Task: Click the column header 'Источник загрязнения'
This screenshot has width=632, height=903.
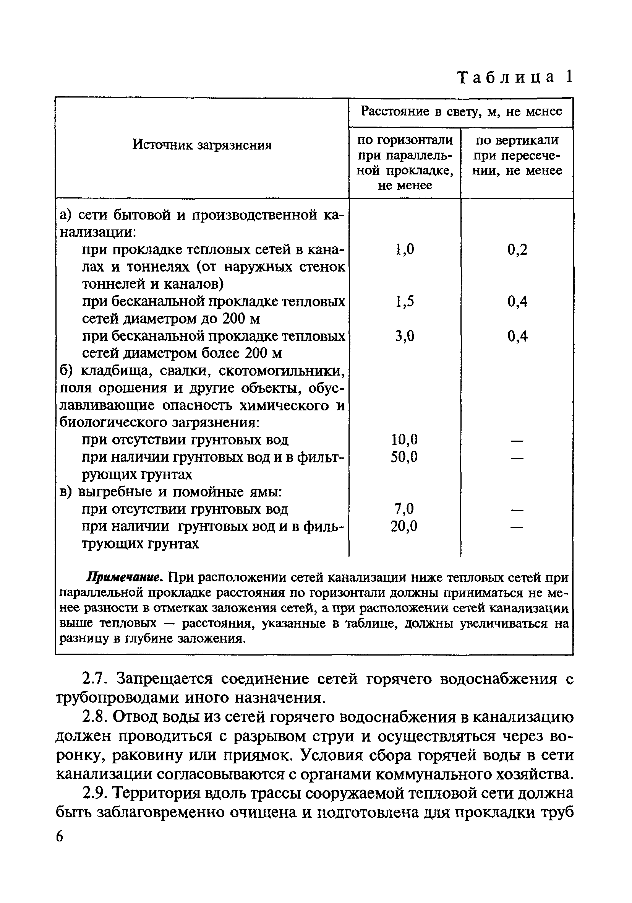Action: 202,145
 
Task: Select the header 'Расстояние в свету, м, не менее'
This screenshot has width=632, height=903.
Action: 461,112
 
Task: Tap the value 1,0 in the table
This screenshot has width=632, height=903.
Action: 405,249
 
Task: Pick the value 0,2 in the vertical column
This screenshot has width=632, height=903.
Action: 517,249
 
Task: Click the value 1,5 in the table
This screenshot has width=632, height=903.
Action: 405,301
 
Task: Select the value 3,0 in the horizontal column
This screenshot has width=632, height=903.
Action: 405,336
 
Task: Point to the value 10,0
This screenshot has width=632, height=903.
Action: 404,439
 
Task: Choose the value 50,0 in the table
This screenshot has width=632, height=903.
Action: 404,457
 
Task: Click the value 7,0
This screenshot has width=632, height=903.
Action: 404,509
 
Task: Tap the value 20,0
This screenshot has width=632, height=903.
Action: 404,526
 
